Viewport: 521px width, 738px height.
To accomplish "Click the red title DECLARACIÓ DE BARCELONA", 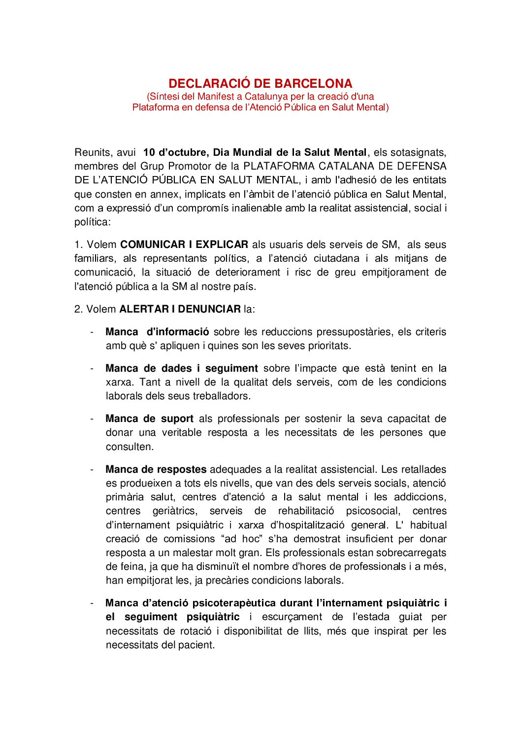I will (x=260, y=83).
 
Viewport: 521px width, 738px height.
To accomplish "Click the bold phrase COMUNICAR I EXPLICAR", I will (x=184, y=245).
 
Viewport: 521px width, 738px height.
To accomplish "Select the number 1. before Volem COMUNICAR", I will (x=78, y=245).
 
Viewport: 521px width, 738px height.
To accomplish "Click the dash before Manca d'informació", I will (x=92, y=332).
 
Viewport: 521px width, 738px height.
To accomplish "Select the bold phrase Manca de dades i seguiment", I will (x=181, y=368).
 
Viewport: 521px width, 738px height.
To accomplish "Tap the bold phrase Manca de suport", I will (x=149, y=419).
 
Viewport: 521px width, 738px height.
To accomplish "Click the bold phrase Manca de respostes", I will (x=156, y=469).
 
